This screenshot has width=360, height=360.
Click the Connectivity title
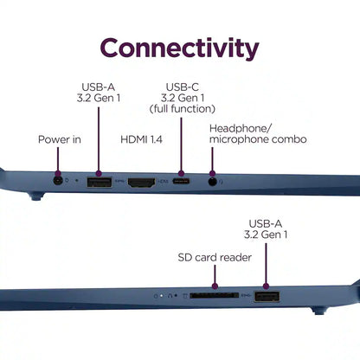(179, 48)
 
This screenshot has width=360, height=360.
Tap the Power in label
(60, 139)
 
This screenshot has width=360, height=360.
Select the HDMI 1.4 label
(141, 139)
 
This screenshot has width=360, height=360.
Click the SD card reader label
(215, 257)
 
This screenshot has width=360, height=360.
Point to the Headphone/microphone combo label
(258, 134)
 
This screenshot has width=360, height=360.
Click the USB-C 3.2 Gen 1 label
(183, 98)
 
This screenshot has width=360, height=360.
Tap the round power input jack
(58, 181)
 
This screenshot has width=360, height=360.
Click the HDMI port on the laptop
(141, 183)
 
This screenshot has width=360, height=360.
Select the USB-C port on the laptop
(181, 182)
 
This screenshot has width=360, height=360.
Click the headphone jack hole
(212, 182)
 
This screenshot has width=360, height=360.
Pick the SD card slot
(215, 295)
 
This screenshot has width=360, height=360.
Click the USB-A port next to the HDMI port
(100, 183)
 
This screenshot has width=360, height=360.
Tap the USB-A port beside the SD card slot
(267, 297)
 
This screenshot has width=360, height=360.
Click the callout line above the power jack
(58, 160)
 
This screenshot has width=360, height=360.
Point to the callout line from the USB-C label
(181, 145)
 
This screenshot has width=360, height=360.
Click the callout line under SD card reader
(215, 276)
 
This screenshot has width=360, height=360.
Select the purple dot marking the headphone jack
(212, 174)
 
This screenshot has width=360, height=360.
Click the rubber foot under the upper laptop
(35, 196)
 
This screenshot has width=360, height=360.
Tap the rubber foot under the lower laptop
(319, 311)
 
